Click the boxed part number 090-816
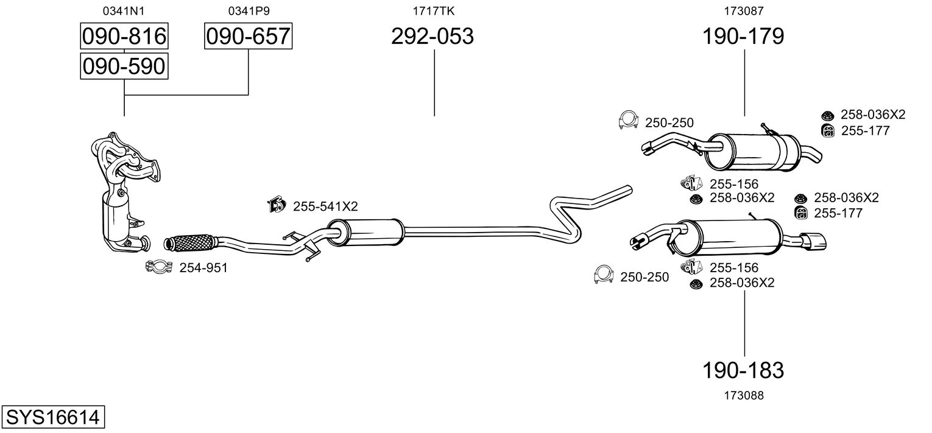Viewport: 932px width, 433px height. (x=124, y=37)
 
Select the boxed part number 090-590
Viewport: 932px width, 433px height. (x=124, y=66)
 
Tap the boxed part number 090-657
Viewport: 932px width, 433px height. (x=248, y=37)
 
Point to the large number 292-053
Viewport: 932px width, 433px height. (x=432, y=37)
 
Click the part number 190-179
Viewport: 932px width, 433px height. (x=743, y=37)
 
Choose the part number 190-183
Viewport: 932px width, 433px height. (x=743, y=370)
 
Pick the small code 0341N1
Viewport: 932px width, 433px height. (x=124, y=10)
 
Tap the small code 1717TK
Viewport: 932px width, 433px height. (x=434, y=10)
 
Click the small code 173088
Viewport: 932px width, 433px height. (x=744, y=395)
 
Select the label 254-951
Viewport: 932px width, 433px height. (x=203, y=267)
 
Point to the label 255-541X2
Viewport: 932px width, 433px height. (x=325, y=206)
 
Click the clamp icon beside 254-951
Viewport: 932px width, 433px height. (x=160, y=266)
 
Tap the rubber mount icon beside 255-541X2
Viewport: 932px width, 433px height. (x=277, y=205)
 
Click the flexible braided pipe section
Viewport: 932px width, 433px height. (x=190, y=242)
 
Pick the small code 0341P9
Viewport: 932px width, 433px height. (x=249, y=10)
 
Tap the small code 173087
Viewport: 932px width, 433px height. (x=744, y=10)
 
